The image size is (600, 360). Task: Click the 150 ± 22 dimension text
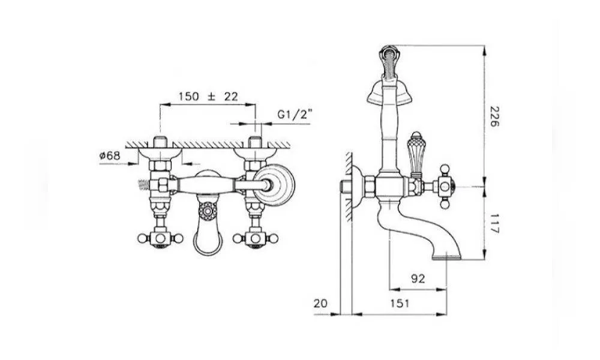point(208,96)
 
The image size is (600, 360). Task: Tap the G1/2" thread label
point(295,115)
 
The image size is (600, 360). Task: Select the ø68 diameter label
point(110,156)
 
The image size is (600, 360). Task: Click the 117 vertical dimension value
point(494,224)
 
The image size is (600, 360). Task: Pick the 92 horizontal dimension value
point(418,278)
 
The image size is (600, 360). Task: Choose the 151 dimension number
point(400,304)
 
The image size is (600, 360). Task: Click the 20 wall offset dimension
point(320,304)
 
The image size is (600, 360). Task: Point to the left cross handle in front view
point(160,238)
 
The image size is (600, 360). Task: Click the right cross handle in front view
point(255,238)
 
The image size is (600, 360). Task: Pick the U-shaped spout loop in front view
point(208,237)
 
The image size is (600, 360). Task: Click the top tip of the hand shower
point(388,47)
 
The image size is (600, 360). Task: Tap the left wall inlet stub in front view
point(160,142)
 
